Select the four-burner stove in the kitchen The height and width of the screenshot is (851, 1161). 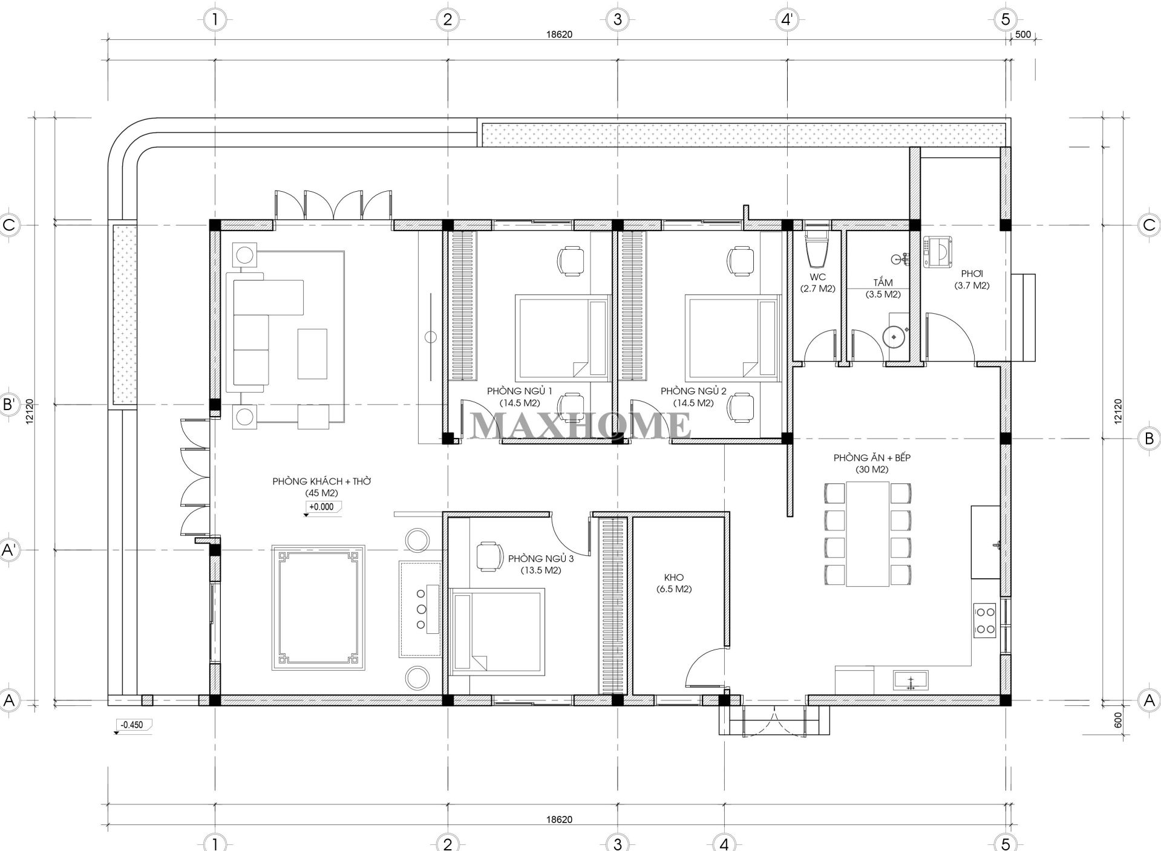click(x=984, y=620)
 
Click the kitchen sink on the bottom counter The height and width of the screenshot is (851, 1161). click(x=911, y=680)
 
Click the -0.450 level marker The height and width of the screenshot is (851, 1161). click(x=132, y=725)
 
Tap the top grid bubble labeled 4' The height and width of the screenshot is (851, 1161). click(x=787, y=19)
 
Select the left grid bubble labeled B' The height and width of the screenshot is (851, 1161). click(x=9, y=404)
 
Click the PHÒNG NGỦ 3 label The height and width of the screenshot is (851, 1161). click(x=540, y=564)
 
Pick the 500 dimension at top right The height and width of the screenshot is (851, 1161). click(x=1022, y=34)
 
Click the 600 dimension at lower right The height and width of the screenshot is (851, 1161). click(x=1117, y=720)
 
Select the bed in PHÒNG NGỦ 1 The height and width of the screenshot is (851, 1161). click(x=562, y=337)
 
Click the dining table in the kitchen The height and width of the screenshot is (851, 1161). click(x=868, y=533)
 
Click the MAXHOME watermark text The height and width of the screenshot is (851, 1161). click(x=581, y=425)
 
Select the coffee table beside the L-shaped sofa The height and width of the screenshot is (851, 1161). click(x=312, y=354)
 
